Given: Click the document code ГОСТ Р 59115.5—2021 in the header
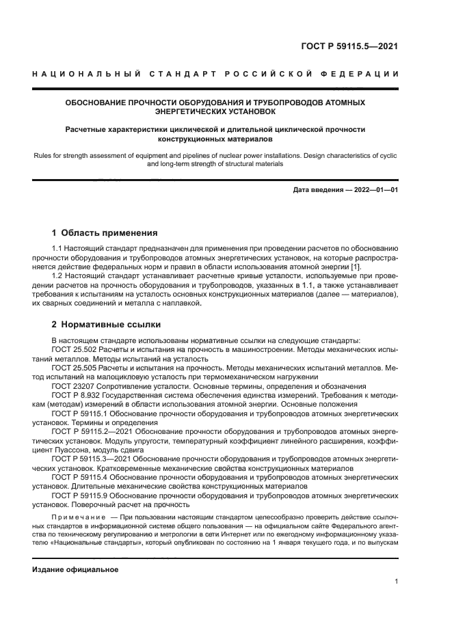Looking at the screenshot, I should [x=349, y=47].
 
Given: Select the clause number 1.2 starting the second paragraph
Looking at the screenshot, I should [x=58, y=274].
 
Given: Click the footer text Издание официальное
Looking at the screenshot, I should [x=76, y=569].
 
